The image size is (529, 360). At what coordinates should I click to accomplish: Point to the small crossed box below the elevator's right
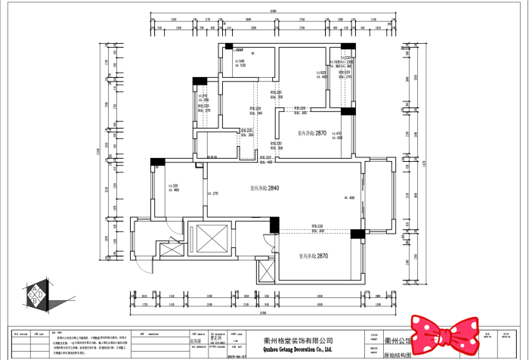click(268, 272)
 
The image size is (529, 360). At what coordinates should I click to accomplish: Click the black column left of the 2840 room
click(157, 161)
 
